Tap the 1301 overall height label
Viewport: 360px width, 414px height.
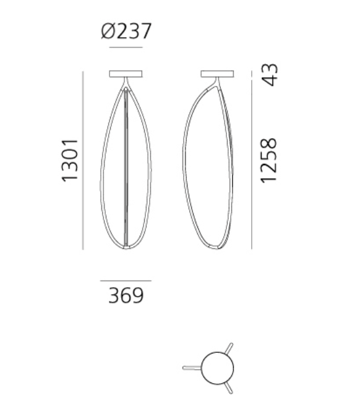pyautogui.click(x=70, y=160)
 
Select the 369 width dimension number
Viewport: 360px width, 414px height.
pyautogui.click(x=126, y=296)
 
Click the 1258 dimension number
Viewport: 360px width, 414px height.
pyautogui.click(x=269, y=160)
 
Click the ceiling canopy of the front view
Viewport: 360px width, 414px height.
pyautogui.click(x=126, y=74)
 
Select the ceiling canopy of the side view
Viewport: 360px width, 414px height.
pyautogui.click(x=218, y=74)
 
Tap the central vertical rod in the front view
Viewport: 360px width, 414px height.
pyautogui.click(x=126, y=167)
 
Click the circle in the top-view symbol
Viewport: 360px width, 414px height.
pyautogui.click(x=218, y=368)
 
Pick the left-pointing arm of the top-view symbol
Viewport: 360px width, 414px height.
pyautogui.click(x=192, y=368)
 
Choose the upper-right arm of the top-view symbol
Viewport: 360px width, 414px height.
pyautogui.click(x=229, y=349)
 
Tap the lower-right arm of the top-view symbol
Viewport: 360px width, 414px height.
pyautogui.click(x=229, y=387)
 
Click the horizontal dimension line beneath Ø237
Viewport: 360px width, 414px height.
pyautogui.click(x=126, y=48)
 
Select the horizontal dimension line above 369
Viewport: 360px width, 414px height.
pyautogui.click(x=126, y=281)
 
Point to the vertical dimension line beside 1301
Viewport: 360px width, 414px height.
pyautogui.click(x=83, y=160)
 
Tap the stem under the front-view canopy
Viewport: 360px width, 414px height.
pyautogui.click(x=126, y=82)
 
